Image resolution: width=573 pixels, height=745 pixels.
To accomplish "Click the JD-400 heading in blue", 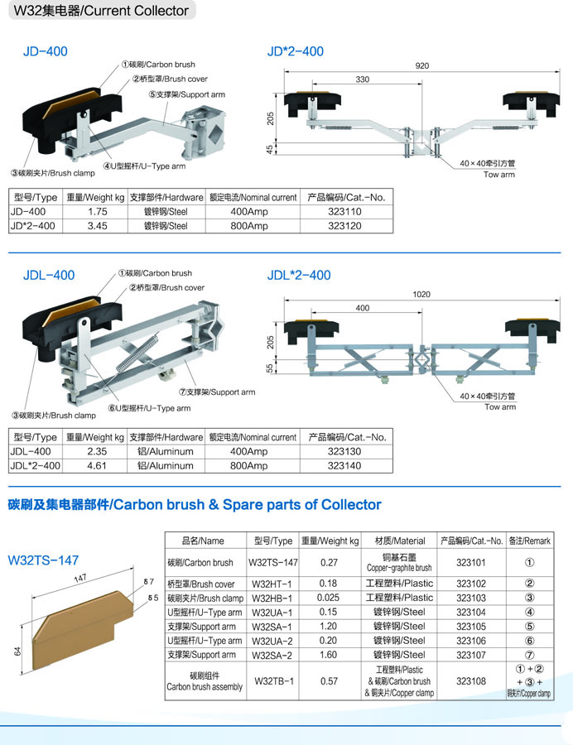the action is (x=46, y=51).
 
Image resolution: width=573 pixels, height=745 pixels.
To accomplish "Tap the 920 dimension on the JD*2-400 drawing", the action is (x=422, y=65).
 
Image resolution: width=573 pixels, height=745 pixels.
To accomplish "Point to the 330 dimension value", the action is (x=362, y=79).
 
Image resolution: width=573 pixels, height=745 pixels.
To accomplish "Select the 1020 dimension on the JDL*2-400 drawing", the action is (x=421, y=294).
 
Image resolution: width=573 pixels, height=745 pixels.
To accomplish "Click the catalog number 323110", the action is (x=344, y=212).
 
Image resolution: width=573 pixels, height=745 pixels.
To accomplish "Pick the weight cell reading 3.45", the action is (x=97, y=226).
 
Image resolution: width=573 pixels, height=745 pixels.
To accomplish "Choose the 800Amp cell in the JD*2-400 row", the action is (x=249, y=226).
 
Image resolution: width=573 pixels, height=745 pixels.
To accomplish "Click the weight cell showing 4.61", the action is (x=96, y=466).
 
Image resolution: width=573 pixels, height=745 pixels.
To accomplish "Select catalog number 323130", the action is (x=344, y=452).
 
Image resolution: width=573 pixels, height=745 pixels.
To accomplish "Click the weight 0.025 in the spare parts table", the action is (x=328, y=598).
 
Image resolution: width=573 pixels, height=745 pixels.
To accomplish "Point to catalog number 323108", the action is (x=471, y=681).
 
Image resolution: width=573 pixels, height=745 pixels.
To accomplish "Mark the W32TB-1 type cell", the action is (x=274, y=681).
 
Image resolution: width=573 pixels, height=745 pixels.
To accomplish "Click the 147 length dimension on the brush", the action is (x=79, y=579).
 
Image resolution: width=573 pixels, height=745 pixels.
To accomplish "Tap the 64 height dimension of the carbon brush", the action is (x=17, y=651).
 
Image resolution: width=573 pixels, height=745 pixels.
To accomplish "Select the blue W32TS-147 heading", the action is (x=43, y=560).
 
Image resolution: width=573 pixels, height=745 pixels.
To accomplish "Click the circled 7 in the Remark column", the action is (x=529, y=655).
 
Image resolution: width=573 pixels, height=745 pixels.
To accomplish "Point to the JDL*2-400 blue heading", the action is (x=299, y=275).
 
